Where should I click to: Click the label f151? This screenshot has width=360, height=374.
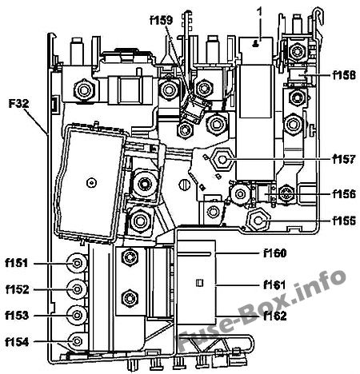click(17, 263)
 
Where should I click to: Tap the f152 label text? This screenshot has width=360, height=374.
click(18, 289)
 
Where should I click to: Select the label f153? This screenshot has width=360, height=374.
click(17, 316)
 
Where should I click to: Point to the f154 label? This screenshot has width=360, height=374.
click(17, 342)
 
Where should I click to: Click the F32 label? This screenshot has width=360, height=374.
click(18, 103)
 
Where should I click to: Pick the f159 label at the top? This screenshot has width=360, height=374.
click(162, 20)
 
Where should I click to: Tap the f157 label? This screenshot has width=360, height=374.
click(344, 159)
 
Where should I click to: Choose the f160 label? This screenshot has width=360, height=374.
click(275, 253)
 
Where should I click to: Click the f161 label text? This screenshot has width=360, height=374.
click(274, 285)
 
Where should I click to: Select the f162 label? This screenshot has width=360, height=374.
click(275, 316)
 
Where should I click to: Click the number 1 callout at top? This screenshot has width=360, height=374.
click(259, 12)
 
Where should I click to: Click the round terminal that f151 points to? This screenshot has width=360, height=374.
click(77, 263)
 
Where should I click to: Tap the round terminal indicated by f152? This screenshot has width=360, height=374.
click(77, 289)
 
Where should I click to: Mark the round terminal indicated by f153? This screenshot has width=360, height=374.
click(77, 316)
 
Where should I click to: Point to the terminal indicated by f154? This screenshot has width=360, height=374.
click(77, 341)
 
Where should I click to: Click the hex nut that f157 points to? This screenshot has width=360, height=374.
click(222, 160)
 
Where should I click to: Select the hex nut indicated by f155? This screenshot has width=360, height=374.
click(258, 221)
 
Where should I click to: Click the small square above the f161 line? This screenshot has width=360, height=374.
click(199, 283)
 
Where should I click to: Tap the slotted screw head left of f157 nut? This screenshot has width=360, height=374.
click(184, 185)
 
